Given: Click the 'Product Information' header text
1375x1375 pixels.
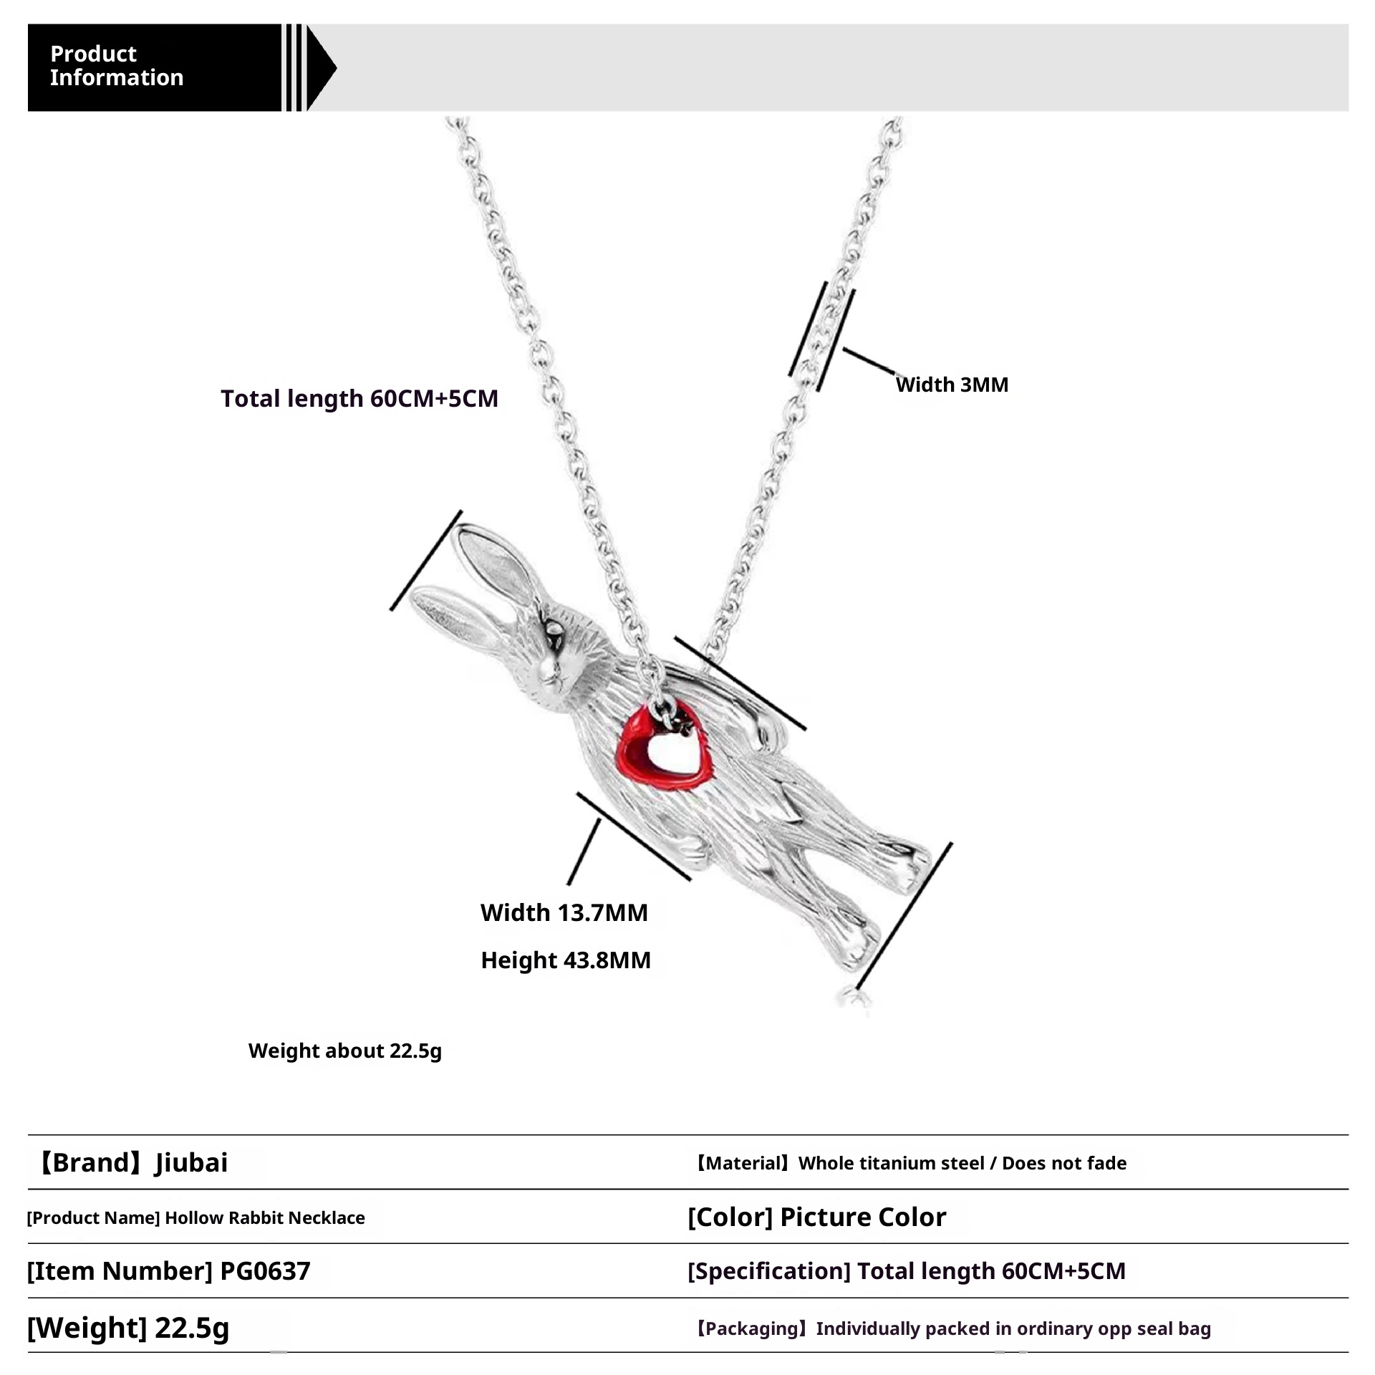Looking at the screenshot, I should tap(116, 66).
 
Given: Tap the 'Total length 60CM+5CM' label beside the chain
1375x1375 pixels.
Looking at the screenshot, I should tap(359, 398).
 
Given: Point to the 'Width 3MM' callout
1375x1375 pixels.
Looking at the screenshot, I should tap(951, 385).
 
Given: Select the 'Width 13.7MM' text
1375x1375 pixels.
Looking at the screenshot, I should tap(564, 912).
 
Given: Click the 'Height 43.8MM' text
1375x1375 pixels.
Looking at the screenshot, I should tap(565, 960).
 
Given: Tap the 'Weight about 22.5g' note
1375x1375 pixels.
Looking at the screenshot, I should tap(344, 1051).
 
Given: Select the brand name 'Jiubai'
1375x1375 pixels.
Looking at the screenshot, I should tap(191, 1162).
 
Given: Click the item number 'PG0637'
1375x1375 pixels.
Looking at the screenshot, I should tap(265, 1271).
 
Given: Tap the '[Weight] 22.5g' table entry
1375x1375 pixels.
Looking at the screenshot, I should tap(127, 1328).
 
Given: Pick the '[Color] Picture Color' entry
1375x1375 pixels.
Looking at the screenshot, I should tap(816, 1217).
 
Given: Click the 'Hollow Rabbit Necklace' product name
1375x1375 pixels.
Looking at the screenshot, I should tap(265, 1217).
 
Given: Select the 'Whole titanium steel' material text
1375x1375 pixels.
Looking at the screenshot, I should tap(891, 1163).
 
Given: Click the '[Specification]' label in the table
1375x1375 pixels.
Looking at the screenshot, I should tap(768, 1271).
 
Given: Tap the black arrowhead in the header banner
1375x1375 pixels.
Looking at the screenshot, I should tap(322, 68).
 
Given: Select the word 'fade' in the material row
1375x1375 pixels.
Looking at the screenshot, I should tap(1102, 1163).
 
